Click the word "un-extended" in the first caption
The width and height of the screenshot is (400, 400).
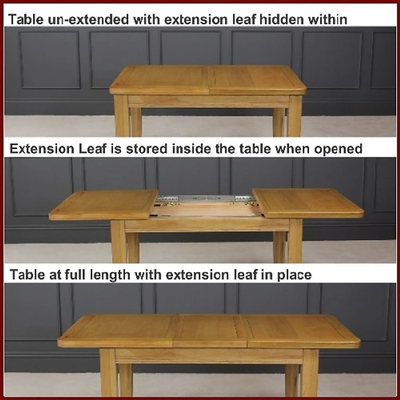88,19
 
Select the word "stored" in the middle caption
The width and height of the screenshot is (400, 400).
147,149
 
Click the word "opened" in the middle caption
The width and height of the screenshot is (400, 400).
338,149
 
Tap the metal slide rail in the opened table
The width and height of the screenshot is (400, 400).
205,198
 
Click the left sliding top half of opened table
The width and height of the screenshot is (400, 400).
104,205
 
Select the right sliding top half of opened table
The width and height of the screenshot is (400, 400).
308,203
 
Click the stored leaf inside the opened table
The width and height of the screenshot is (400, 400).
206,210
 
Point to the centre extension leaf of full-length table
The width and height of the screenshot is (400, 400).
210,331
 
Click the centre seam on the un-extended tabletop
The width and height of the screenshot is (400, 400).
208,79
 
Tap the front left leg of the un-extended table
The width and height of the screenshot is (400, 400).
122,116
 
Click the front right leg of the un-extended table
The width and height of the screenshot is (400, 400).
295,116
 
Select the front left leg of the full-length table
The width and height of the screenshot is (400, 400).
108,372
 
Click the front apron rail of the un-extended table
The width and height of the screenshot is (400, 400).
209,101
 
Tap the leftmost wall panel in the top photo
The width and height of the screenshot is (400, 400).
50,60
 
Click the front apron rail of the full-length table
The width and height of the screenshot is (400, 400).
209,356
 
